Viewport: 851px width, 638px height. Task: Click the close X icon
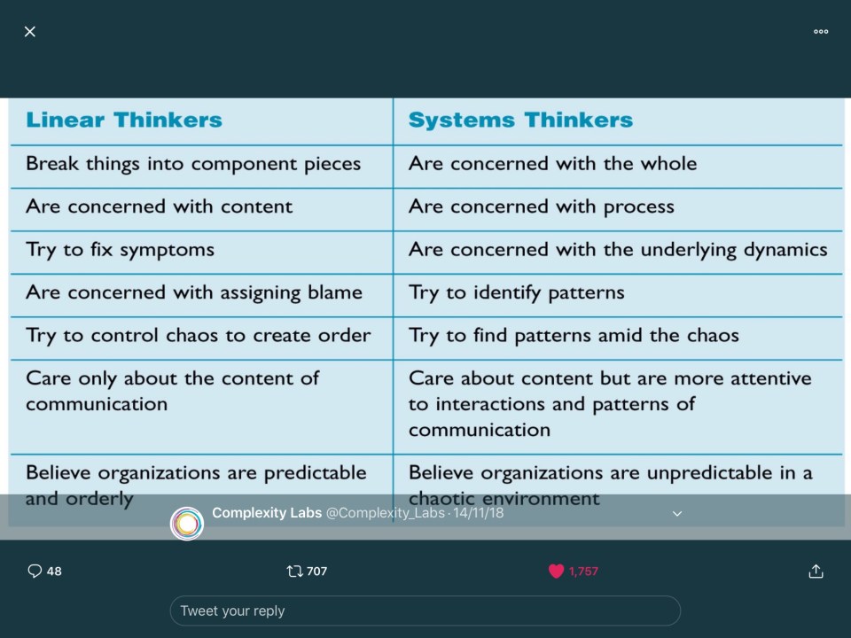click(x=30, y=32)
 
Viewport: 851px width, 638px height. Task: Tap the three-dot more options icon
click(x=821, y=32)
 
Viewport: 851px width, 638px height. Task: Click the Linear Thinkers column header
click(x=124, y=120)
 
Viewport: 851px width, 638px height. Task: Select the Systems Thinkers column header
click(x=520, y=120)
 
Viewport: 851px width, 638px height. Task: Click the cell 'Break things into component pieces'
click(x=193, y=164)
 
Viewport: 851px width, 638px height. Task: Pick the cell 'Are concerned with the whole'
click(x=552, y=163)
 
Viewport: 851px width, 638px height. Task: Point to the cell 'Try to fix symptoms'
click(x=120, y=250)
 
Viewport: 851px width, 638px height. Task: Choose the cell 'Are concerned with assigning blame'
click(x=194, y=293)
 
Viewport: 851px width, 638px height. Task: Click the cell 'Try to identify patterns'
click(x=516, y=293)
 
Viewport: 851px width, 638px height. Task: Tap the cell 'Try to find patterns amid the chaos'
click(x=574, y=336)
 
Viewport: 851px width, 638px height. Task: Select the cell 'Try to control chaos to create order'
click(x=198, y=336)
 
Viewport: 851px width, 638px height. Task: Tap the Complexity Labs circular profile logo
click(x=187, y=524)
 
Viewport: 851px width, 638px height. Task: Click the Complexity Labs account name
click(x=267, y=513)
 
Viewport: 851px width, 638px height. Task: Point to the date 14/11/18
click(x=478, y=513)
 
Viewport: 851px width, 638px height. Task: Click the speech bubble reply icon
click(x=35, y=571)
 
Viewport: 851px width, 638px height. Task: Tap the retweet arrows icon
click(x=294, y=571)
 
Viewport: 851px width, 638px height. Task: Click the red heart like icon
click(x=557, y=571)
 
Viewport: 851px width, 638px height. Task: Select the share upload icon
click(x=816, y=571)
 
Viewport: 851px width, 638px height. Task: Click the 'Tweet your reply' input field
click(x=425, y=611)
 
